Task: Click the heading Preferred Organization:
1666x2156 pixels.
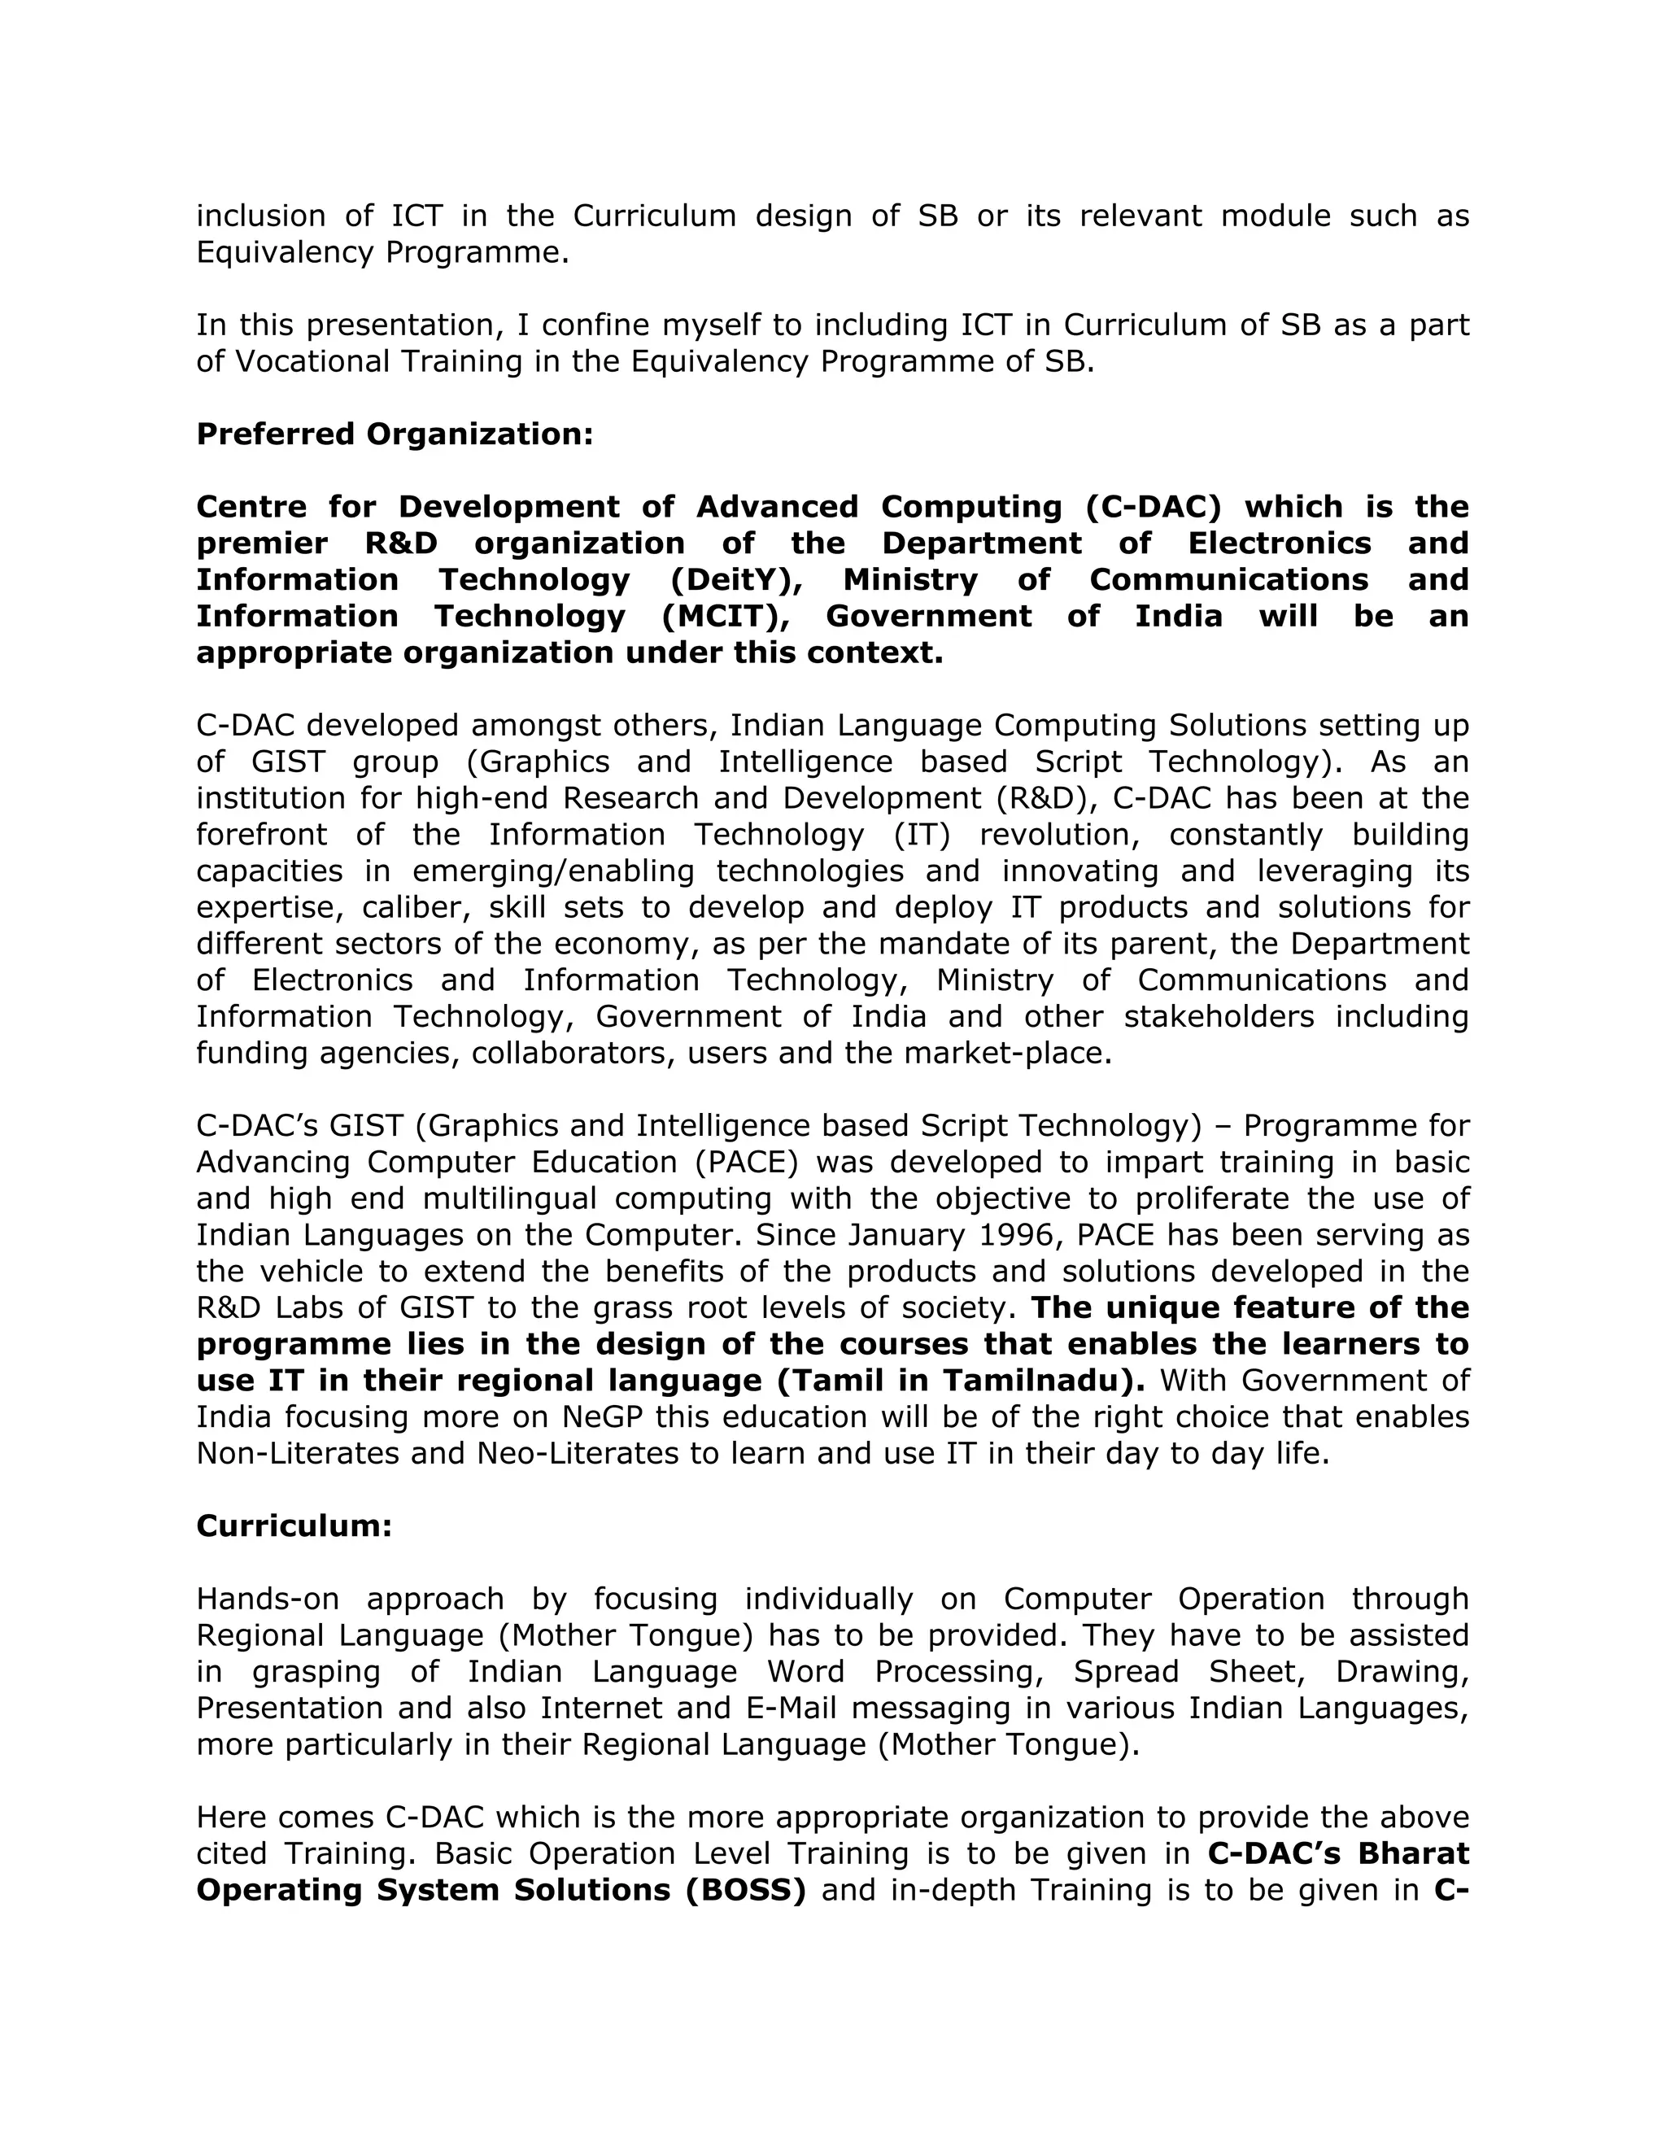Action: (x=395, y=434)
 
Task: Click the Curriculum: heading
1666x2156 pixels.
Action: (x=294, y=1526)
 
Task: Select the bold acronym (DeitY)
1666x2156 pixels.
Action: (x=731, y=579)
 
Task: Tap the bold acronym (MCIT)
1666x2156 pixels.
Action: (x=727, y=616)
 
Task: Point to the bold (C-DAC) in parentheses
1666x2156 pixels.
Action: (x=1153, y=506)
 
